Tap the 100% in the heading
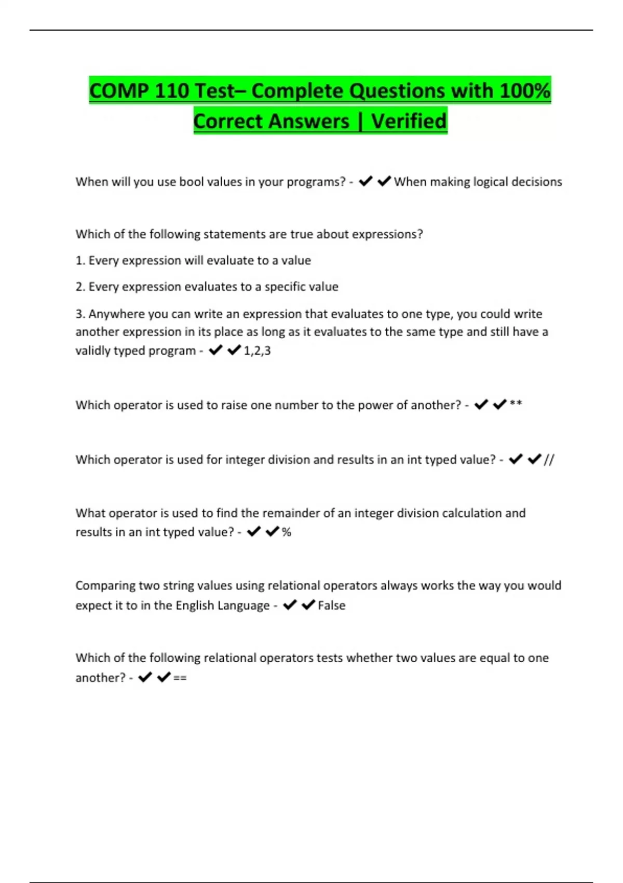pos(524,91)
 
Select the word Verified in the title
pos(409,121)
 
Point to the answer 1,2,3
pos(257,351)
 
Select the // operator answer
pos(549,459)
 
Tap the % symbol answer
pos(287,532)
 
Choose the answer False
pos(331,605)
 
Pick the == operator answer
pos(180,678)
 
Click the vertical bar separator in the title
pos(360,121)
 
